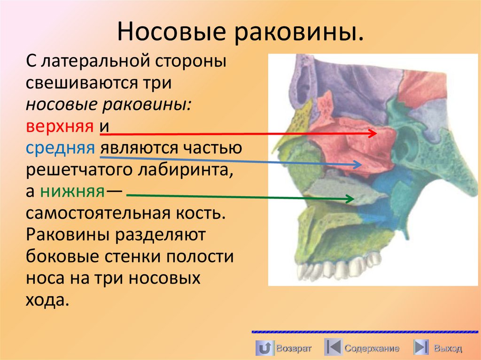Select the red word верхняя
59,127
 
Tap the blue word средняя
60,148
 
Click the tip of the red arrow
376,134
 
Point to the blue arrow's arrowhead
360,165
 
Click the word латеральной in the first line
101,61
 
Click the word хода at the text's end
47,300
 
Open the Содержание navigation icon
333,348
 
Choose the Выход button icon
421,348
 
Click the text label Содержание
372,348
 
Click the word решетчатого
81,170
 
